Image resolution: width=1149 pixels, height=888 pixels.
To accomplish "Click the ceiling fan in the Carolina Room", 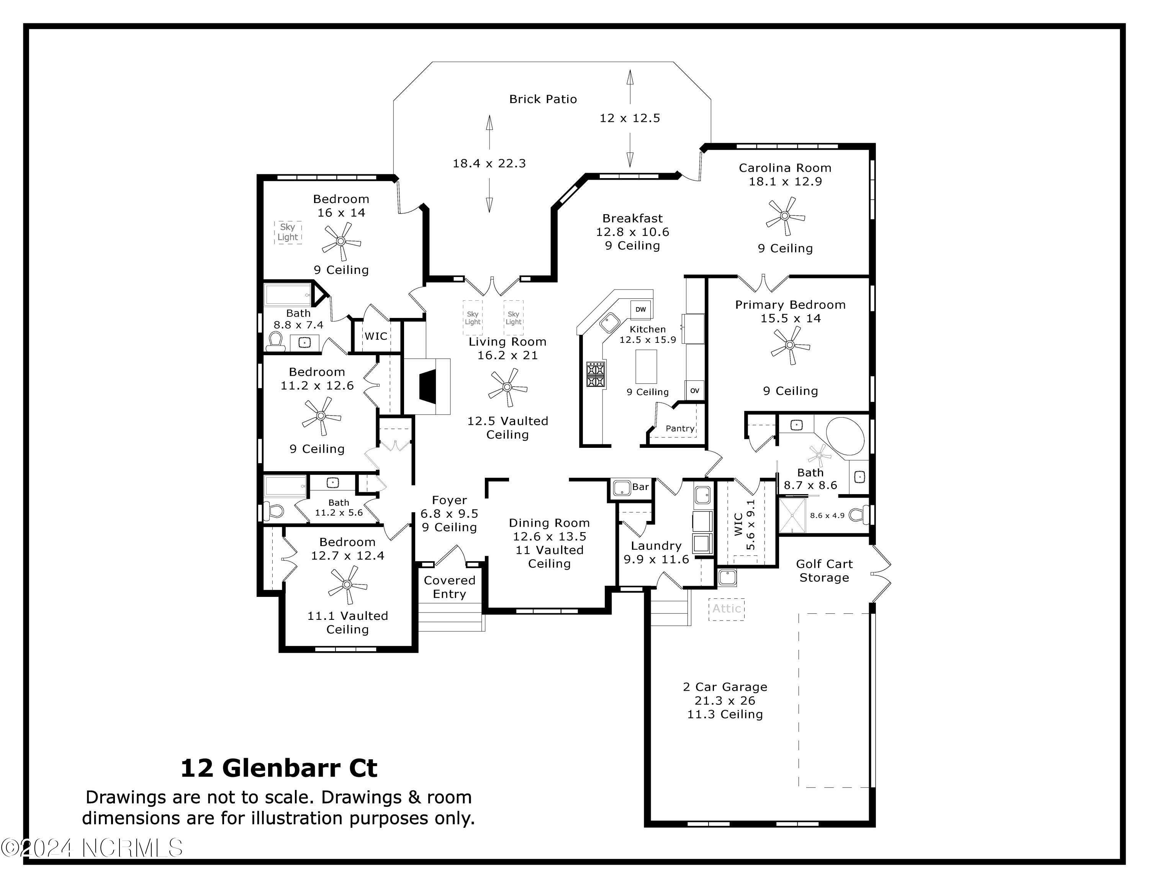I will point(785,216).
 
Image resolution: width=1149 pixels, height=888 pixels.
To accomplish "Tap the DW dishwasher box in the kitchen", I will point(640,309).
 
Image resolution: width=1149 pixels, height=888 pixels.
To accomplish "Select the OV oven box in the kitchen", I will point(694,390).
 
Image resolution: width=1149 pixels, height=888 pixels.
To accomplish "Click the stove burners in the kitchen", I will point(596,374).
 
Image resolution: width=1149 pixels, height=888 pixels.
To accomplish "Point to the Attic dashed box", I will point(727,609).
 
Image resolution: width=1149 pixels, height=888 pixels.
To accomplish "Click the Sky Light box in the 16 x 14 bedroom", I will point(288,232).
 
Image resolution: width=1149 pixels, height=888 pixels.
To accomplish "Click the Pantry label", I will point(680,428).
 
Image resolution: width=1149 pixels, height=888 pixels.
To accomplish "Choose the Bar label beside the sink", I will point(640,487).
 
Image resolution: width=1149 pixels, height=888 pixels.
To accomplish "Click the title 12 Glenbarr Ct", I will point(279,768).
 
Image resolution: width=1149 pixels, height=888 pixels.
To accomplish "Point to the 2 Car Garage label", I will point(725,686).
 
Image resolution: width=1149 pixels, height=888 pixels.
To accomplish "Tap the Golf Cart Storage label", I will point(824,571).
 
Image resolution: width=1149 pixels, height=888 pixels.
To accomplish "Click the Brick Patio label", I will point(543,99).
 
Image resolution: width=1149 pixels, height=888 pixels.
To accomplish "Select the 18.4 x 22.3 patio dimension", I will point(489,163).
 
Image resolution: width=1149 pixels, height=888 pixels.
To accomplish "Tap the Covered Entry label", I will point(449,587).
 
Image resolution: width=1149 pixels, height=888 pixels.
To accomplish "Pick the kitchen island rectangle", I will point(646,366).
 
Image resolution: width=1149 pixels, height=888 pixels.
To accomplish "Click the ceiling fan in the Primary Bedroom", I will point(790,345).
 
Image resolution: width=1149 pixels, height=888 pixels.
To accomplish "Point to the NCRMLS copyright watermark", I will point(92,848).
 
